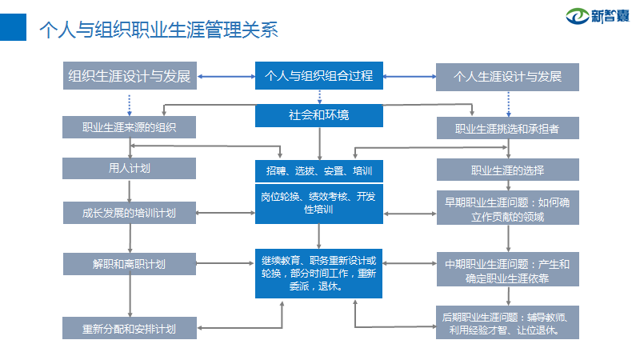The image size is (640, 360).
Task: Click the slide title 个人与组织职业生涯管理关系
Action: [x=159, y=30]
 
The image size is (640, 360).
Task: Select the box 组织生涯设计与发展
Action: [x=129, y=77]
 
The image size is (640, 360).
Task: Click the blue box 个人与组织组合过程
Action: [x=319, y=76]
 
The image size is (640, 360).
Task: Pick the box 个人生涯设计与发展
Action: [x=507, y=77]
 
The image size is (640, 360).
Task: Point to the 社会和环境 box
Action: [x=319, y=115]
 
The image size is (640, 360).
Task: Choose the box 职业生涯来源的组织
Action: [x=129, y=127]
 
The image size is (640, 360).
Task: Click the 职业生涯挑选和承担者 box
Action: [x=507, y=128]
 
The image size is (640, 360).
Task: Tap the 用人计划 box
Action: [x=129, y=169]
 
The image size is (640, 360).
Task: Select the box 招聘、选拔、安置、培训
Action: [x=319, y=171]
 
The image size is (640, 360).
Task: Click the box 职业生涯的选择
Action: [x=507, y=170]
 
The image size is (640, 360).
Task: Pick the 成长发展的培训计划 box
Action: [x=129, y=214]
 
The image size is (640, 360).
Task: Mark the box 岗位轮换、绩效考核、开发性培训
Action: [x=319, y=203]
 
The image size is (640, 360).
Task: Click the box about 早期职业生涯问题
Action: [x=507, y=209]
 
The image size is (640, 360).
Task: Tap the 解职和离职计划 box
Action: [x=129, y=263]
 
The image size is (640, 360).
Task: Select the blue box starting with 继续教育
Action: [x=319, y=273]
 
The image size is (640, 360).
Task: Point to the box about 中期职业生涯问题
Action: [x=507, y=271]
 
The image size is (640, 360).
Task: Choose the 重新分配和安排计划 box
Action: [x=129, y=328]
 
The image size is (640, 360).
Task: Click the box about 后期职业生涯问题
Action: [x=507, y=322]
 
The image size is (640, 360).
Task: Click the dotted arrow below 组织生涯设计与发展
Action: [x=129, y=103]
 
